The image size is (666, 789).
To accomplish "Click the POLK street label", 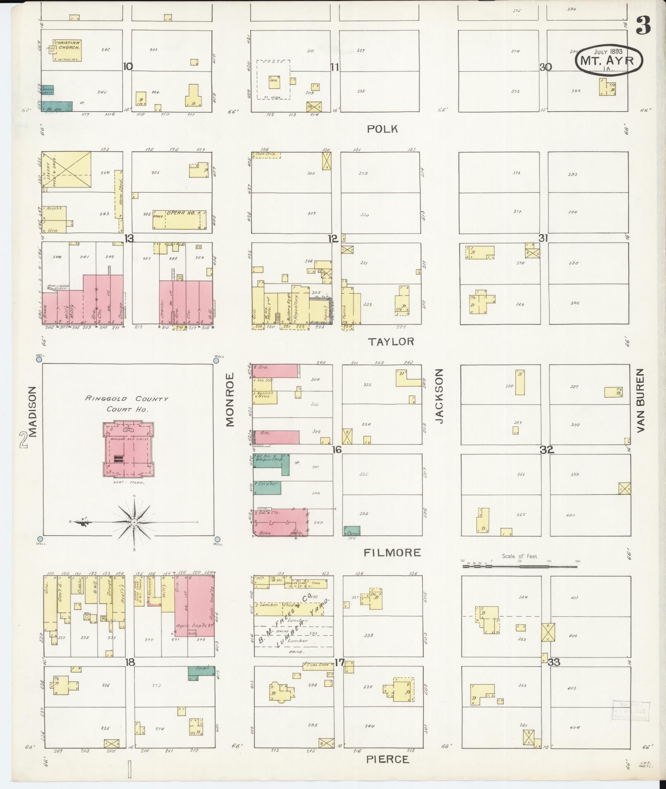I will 382,129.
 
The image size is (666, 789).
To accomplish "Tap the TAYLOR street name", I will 391,342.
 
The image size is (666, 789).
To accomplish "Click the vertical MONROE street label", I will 230,399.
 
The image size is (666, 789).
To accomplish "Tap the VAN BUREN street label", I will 640,400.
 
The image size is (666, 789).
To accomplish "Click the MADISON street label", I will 33,411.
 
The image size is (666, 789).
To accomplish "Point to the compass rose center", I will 134,522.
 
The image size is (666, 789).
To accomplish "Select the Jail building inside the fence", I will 274,82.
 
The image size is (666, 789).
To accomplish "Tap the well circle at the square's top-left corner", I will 39,359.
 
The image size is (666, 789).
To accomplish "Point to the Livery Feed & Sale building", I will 67,170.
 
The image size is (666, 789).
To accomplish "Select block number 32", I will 546,450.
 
